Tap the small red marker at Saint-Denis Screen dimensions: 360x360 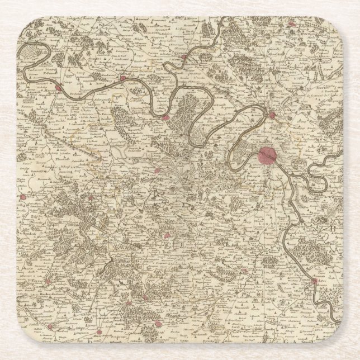point(272,115)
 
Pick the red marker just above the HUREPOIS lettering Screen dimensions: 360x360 point(157,172)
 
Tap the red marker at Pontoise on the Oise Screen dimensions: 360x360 point(184,56)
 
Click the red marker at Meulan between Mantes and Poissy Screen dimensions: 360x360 point(123,79)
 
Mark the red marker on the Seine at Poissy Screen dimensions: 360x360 point(165,117)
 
